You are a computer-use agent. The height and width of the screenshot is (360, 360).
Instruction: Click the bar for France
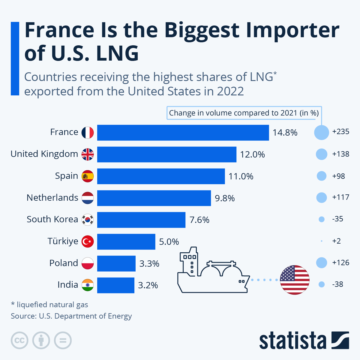[183, 133]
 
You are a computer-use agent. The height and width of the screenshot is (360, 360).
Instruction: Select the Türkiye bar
[126, 242]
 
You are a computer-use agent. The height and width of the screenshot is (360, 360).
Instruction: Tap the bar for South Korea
[141, 220]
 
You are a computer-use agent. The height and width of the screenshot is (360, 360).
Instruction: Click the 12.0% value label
[252, 154]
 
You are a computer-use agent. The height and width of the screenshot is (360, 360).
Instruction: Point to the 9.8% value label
[225, 198]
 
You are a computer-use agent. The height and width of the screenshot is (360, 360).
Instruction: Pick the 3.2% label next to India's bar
[148, 285]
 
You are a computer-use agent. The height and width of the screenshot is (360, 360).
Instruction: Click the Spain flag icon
[88, 176]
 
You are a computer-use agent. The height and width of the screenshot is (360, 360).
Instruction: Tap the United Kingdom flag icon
[88, 154]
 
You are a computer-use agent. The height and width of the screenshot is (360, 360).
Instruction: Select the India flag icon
[88, 285]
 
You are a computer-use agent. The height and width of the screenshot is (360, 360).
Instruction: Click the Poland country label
[64, 263]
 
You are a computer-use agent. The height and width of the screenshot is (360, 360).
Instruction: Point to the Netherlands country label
[52, 198]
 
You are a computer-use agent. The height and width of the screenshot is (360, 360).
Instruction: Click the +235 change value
[340, 132]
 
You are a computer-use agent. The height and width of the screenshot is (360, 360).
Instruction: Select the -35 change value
[337, 219]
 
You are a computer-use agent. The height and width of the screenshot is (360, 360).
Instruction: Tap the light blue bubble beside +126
[322, 263]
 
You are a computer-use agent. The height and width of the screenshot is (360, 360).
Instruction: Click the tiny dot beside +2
[322, 241]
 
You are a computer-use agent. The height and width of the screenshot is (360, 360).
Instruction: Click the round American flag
[295, 280]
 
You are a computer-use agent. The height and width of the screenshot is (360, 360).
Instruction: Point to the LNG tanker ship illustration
[213, 271]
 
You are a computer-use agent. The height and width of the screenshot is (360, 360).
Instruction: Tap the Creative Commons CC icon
[19, 340]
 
